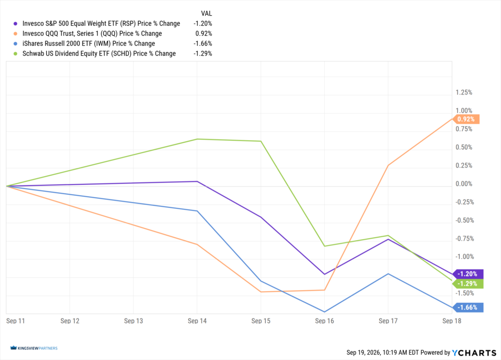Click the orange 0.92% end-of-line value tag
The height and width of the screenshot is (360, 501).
tap(466, 119)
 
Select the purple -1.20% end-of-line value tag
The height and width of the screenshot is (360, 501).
tap(468, 274)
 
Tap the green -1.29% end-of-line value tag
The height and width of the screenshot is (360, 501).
tap(468, 284)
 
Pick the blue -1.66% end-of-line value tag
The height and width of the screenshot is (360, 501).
tap(468, 307)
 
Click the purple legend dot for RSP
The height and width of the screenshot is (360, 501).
tap(15, 23)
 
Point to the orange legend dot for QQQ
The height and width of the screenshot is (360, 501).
tap(15, 34)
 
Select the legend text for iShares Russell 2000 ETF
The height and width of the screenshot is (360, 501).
tap(89, 44)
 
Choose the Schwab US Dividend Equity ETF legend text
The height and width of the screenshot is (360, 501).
tap(99, 53)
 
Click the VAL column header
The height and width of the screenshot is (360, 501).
tap(206, 13)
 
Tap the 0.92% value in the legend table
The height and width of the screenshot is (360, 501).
tap(204, 34)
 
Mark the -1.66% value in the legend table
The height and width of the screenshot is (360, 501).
tap(203, 44)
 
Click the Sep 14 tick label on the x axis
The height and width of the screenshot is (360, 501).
tap(197, 321)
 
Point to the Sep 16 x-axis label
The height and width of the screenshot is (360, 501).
tap(324, 321)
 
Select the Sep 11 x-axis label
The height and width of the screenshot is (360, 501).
tap(15, 321)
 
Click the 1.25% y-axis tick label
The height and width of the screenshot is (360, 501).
tap(464, 92)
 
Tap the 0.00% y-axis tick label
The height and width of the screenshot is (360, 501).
tap(464, 184)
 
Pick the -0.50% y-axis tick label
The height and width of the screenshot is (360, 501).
tap(465, 221)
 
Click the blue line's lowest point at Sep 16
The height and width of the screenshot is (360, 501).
tap(325, 312)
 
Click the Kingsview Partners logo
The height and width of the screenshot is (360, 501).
tap(34, 348)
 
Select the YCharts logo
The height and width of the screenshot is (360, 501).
tap(474, 353)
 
